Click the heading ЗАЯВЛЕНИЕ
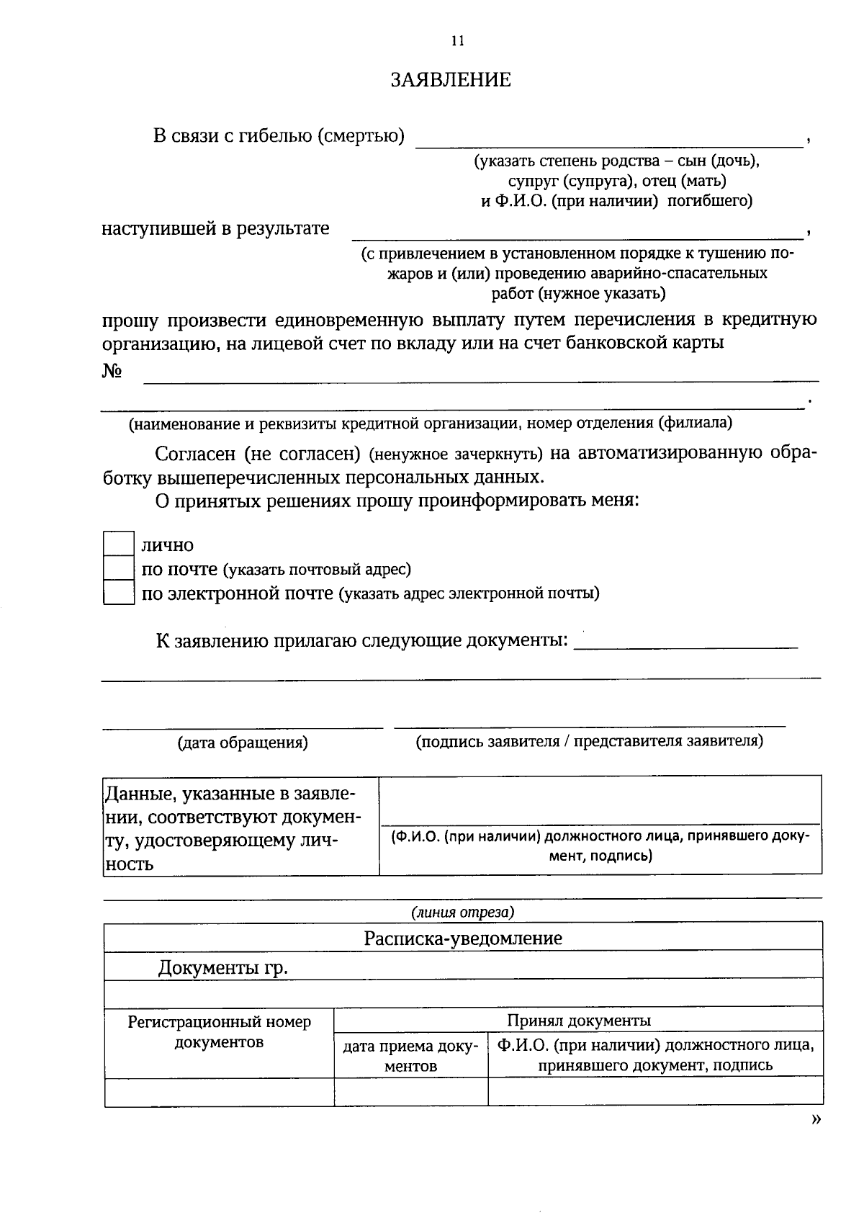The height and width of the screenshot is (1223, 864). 451,80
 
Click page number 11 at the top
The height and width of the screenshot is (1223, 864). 457,41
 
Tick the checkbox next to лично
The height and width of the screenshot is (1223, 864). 118,545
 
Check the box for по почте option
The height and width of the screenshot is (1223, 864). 118,569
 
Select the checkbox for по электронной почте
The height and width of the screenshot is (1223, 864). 118,593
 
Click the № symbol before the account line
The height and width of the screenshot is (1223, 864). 111,372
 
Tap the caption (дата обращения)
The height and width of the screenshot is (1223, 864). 243,743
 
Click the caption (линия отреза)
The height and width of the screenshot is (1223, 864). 463,913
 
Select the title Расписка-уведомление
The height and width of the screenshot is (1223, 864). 463,938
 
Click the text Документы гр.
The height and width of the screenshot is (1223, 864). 223,967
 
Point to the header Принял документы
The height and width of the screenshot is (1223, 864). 579,1020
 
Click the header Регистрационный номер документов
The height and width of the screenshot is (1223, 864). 219,1032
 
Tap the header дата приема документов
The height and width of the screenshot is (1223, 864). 410,1056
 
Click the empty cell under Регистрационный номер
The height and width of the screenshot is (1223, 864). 219,1092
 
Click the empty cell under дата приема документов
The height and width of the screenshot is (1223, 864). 410,1092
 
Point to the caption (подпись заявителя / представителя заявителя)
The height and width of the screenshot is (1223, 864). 589,741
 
